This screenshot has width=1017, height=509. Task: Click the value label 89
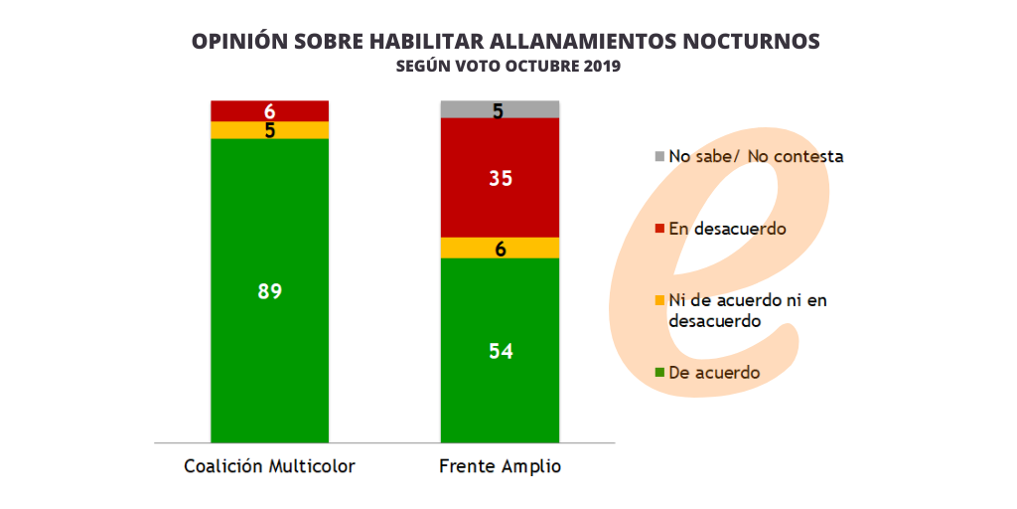coord(270,292)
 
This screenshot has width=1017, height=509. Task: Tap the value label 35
coord(501,178)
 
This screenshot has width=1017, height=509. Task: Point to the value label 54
coord(501,352)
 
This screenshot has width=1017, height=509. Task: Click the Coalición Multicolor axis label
coord(270,466)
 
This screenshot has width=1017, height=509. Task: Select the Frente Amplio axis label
coord(501,466)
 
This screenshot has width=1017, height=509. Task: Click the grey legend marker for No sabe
coord(659,157)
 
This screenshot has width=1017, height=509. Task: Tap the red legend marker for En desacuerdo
coord(659,230)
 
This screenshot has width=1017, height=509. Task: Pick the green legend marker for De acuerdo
coord(659,373)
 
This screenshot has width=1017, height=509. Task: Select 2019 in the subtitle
coord(599,67)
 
